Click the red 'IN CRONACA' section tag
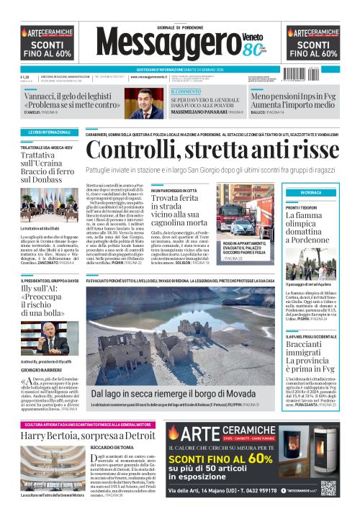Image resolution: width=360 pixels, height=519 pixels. click(312, 193)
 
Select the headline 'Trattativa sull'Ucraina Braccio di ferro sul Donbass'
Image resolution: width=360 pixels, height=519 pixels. click(48, 166)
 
